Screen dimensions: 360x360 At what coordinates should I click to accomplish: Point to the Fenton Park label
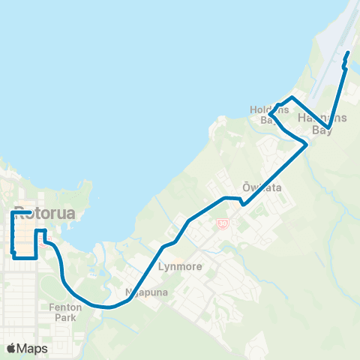click(x=65, y=312)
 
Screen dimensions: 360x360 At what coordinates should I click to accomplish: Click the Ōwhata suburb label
click(x=262, y=187)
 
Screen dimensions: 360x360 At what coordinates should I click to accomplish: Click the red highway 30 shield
click(x=222, y=223)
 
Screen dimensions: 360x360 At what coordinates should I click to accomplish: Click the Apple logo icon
click(x=11, y=349)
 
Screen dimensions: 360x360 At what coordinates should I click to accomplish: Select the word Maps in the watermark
click(x=32, y=349)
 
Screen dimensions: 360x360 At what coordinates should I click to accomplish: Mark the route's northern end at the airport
click(x=347, y=54)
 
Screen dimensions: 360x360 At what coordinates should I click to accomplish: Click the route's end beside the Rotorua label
click(x=29, y=212)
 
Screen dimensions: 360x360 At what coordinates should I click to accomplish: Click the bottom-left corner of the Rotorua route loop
click(x=14, y=257)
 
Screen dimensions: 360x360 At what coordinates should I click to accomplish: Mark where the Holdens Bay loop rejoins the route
click(x=304, y=144)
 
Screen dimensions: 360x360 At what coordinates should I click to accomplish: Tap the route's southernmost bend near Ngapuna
click(x=109, y=307)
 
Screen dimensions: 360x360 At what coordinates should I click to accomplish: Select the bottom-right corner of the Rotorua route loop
click(x=36, y=257)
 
